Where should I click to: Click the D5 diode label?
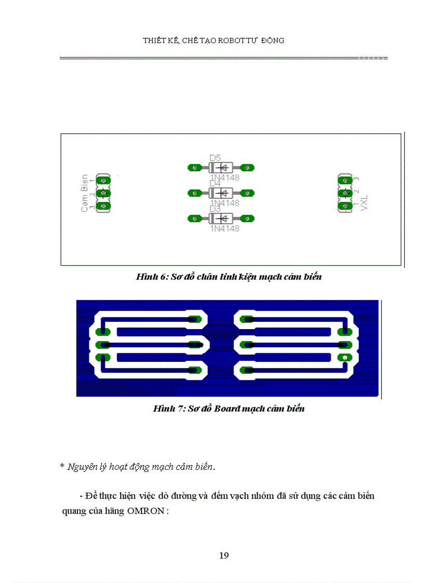pyautogui.click(x=215, y=158)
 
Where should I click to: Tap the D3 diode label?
pyautogui.click(x=215, y=209)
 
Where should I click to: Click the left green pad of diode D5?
pyautogui.click(x=195, y=168)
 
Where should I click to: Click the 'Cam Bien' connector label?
pyautogui.click(x=85, y=193)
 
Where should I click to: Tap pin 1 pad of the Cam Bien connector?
pyautogui.click(x=104, y=180)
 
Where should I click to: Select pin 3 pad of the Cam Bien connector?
pyautogui.click(x=104, y=206)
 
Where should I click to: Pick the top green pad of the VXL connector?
pyautogui.click(x=343, y=180)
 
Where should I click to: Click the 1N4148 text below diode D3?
pyautogui.click(x=224, y=228)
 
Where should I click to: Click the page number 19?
pyautogui.click(x=224, y=555)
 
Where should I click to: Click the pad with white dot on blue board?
pyautogui.click(x=343, y=357)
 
